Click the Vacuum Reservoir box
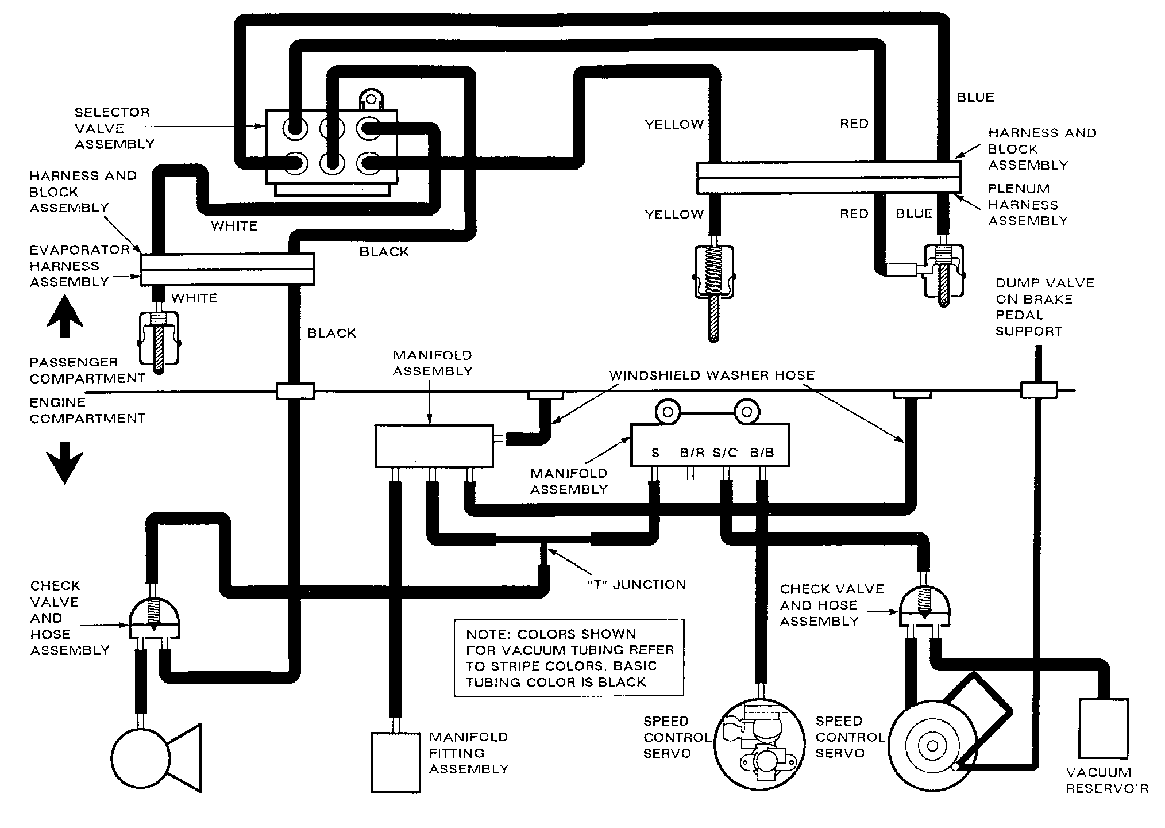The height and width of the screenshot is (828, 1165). pyautogui.click(x=1104, y=729)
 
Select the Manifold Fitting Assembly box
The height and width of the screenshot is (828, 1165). pyautogui.click(x=396, y=762)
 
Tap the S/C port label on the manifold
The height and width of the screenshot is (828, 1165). pyautogui.click(x=725, y=453)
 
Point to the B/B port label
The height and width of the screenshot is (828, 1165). pyautogui.click(x=762, y=453)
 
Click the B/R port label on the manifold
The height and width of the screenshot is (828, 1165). pyautogui.click(x=692, y=453)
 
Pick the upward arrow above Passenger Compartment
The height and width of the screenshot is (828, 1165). pyautogui.click(x=64, y=316)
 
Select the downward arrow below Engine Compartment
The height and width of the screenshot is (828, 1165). pyautogui.click(x=64, y=463)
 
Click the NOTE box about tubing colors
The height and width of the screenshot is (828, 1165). pyautogui.click(x=569, y=658)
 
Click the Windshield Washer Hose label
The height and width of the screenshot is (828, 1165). pyautogui.click(x=712, y=375)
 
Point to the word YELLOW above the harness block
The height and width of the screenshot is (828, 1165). pyautogui.click(x=674, y=124)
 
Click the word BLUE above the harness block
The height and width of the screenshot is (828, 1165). pyautogui.click(x=975, y=97)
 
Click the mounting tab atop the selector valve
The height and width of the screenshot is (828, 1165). pyautogui.click(x=371, y=99)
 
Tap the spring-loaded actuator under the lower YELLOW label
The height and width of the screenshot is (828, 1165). pyautogui.click(x=713, y=287)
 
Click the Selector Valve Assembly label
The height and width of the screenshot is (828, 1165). pyautogui.click(x=114, y=128)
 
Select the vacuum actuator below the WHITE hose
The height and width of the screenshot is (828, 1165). pyautogui.click(x=159, y=342)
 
